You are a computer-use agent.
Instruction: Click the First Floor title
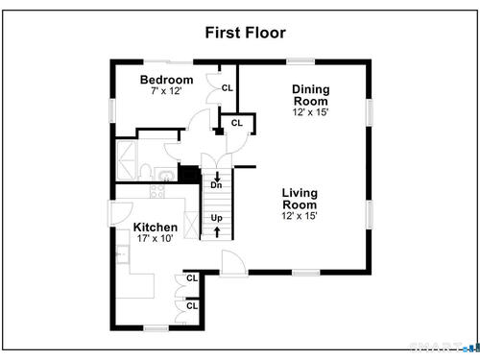[245, 33]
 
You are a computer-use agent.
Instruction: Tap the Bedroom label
[166, 80]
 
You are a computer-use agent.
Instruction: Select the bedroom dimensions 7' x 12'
[166, 91]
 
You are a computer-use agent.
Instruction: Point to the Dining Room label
[311, 95]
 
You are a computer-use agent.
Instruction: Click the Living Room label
[300, 199]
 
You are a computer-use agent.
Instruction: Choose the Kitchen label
[156, 228]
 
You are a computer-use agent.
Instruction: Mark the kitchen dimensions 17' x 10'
[155, 238]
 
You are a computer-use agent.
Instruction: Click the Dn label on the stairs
[216, 185]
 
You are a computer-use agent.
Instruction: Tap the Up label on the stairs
[216, 218]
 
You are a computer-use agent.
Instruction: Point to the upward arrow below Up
[217, 232]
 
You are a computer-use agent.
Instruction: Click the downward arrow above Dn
[217, 177]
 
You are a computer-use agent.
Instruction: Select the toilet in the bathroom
[146, 172]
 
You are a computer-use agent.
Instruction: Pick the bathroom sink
[166, 176]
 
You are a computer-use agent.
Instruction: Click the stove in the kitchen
[157, 191]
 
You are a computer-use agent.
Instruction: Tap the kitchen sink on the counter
[122, 253]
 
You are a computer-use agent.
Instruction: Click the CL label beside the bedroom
[228, 88]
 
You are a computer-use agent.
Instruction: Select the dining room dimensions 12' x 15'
[310, 112]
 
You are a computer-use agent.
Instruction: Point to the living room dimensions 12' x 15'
[300, 216]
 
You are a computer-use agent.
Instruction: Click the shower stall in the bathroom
[126, 160]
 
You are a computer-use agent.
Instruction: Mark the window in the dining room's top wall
[300, 61]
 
